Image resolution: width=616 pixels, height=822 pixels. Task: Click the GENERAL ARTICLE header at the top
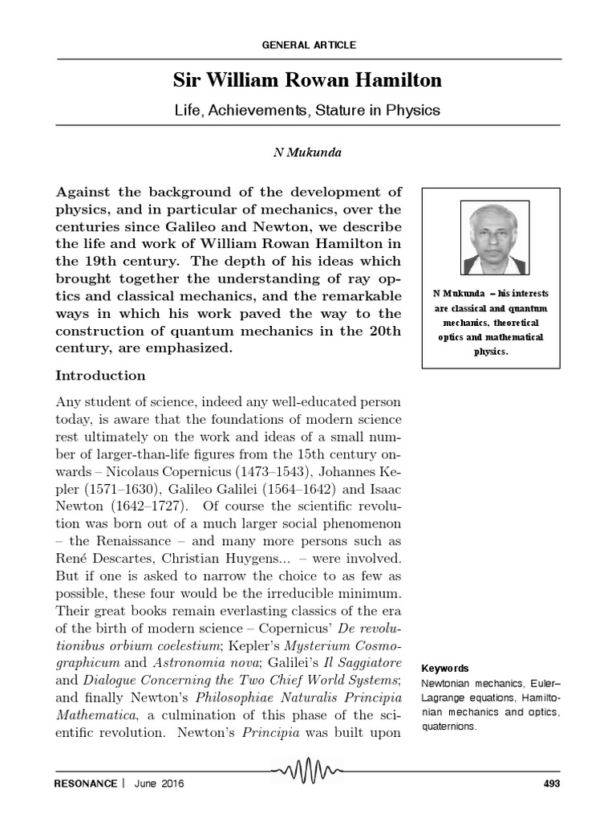[x=309, y=45]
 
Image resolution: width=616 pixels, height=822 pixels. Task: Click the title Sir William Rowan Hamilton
[x=308, y=80]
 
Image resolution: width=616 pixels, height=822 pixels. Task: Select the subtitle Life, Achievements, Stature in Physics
[x=308, y=110]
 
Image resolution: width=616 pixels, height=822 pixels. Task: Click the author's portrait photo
[x=494, y=238]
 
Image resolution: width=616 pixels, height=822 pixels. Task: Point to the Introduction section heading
[x=100, y=376]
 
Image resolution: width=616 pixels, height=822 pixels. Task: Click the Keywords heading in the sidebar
[x=446, y=669]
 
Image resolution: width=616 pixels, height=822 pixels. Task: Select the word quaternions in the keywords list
[x=448, y=726]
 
